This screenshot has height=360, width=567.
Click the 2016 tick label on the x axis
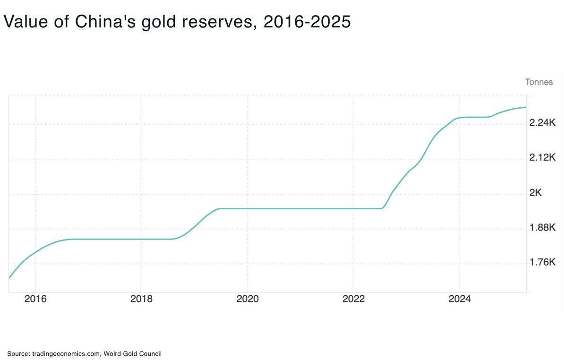[x=35, y=299]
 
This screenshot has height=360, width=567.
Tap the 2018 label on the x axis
[x=141, y=299]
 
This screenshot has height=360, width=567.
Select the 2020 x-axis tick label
[x=247, y=299]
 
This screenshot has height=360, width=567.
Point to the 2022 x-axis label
[x=353, y=299]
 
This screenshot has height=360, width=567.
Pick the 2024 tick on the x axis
[x=459, y=299]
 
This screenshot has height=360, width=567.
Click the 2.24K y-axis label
[x=542, y=123]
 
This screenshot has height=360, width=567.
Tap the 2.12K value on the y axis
[x=542, y=158]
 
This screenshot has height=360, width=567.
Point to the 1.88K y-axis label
[x=542, y=228]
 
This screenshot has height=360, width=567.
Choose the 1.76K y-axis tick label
[x=542, y=263]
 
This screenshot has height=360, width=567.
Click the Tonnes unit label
[x=539, y=82]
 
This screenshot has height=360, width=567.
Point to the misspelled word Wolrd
[x=113, y=353]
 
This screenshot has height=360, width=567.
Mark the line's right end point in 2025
[x=526, y=107]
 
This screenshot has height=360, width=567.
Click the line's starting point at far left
[x=9, y=278]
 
